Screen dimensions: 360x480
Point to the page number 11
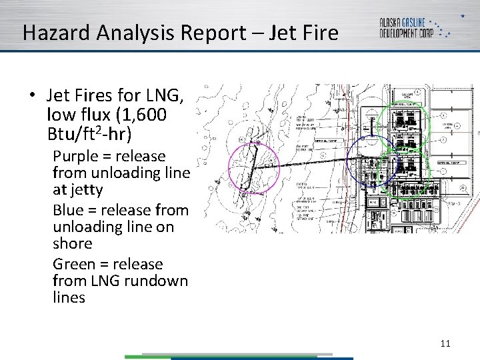(x=445, y=343)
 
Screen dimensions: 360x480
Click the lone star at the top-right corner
(x=463, y=15)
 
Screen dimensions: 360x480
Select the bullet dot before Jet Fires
(x=32, y=94)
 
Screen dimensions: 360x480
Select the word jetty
(x=87, y=190)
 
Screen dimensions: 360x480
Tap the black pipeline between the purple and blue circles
(x=313, y=163)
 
